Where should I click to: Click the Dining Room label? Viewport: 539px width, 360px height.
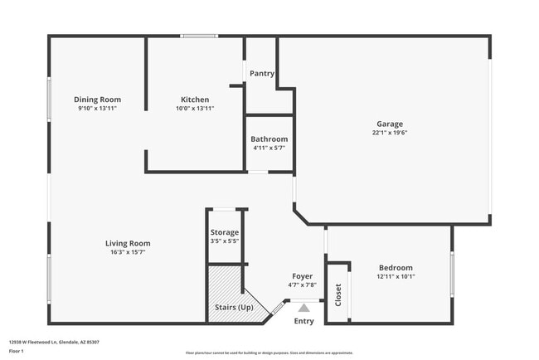click(x=97, y=100)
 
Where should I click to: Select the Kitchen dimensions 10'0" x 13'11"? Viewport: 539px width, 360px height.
click(x=195, y=109)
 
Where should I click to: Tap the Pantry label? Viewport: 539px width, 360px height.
click(x=262, y=73)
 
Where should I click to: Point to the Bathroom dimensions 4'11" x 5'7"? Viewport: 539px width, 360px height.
click(x=269, y=148)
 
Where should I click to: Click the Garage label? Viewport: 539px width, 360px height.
click(x=390, y=124)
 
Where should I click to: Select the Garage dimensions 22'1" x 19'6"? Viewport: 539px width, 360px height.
click(x=390, y=133)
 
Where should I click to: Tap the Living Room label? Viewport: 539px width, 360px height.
click(x=128, y=243)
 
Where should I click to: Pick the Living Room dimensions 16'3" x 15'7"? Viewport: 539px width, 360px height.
click(x=128, y=252)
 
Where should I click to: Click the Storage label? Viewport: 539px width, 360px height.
click(x=225, y=232)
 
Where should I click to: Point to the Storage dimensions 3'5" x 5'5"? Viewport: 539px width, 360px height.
click(x=225, y=241)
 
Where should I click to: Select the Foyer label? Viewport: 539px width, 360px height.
click(x=303, y=275)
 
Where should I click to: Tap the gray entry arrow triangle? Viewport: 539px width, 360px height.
click(x=303, y=307)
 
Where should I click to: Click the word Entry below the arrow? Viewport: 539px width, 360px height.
click(x=304, y=321)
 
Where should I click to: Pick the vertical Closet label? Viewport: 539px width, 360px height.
click(x=337, y=294)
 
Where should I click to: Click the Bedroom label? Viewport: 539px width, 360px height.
click(x=396, y=267)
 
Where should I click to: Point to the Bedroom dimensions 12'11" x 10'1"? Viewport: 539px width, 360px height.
click(x=396, y=277)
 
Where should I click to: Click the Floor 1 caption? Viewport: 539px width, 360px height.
click(x=16, y=351)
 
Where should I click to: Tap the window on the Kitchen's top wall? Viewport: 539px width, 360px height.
click(x=199, y=36)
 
